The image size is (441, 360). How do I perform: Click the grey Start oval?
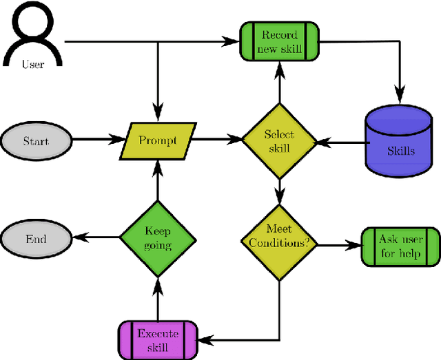[36, 141]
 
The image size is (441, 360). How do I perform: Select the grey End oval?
[36, 239]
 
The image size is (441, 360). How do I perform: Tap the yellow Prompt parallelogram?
[158, 140]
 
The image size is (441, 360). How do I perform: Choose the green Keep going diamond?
[158, 239]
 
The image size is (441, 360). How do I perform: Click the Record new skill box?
[279, 41]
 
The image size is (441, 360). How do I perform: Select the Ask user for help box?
[401, 245]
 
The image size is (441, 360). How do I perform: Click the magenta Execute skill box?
[158, 339]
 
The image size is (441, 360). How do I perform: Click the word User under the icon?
[33, 65]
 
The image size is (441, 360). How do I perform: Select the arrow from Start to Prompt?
[96, 140]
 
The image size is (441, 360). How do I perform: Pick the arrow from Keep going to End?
[96, 239]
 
